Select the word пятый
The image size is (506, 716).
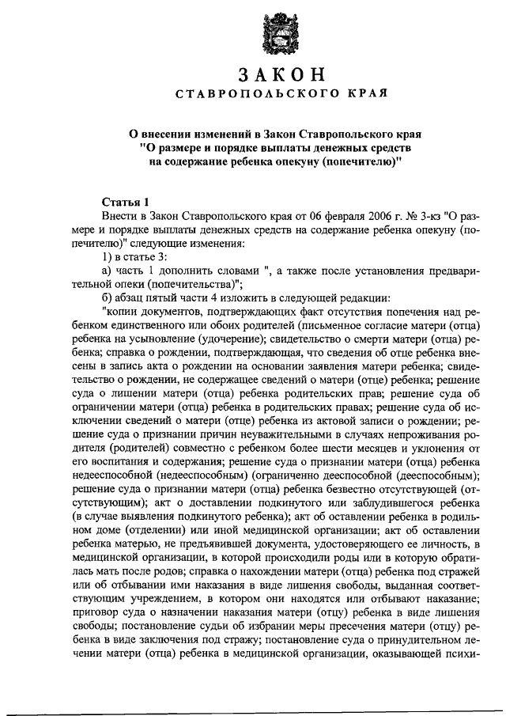click(x=167, y=299)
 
